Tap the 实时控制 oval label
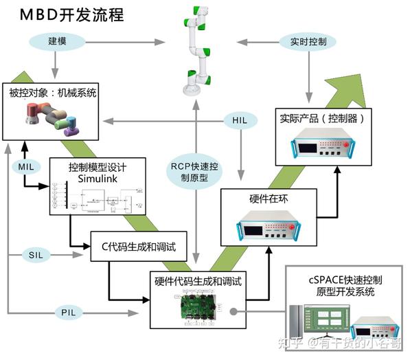[309, 42]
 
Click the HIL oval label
[240, 121]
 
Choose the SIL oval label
[36, 255]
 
